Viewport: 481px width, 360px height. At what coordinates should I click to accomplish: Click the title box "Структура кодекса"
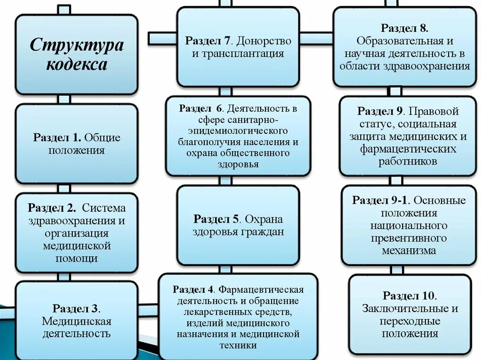(x=77, y=54)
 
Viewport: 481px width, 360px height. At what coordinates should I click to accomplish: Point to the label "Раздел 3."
(x=76, y=308)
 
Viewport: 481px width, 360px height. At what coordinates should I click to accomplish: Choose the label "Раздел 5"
(x=217, y=219)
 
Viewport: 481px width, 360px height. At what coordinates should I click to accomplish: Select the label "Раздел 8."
(x=404, y=29)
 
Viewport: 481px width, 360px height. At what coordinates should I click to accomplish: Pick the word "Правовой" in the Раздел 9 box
(x=434, y=112)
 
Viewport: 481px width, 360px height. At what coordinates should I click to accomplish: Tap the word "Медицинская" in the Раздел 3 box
(x=77, y=322)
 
